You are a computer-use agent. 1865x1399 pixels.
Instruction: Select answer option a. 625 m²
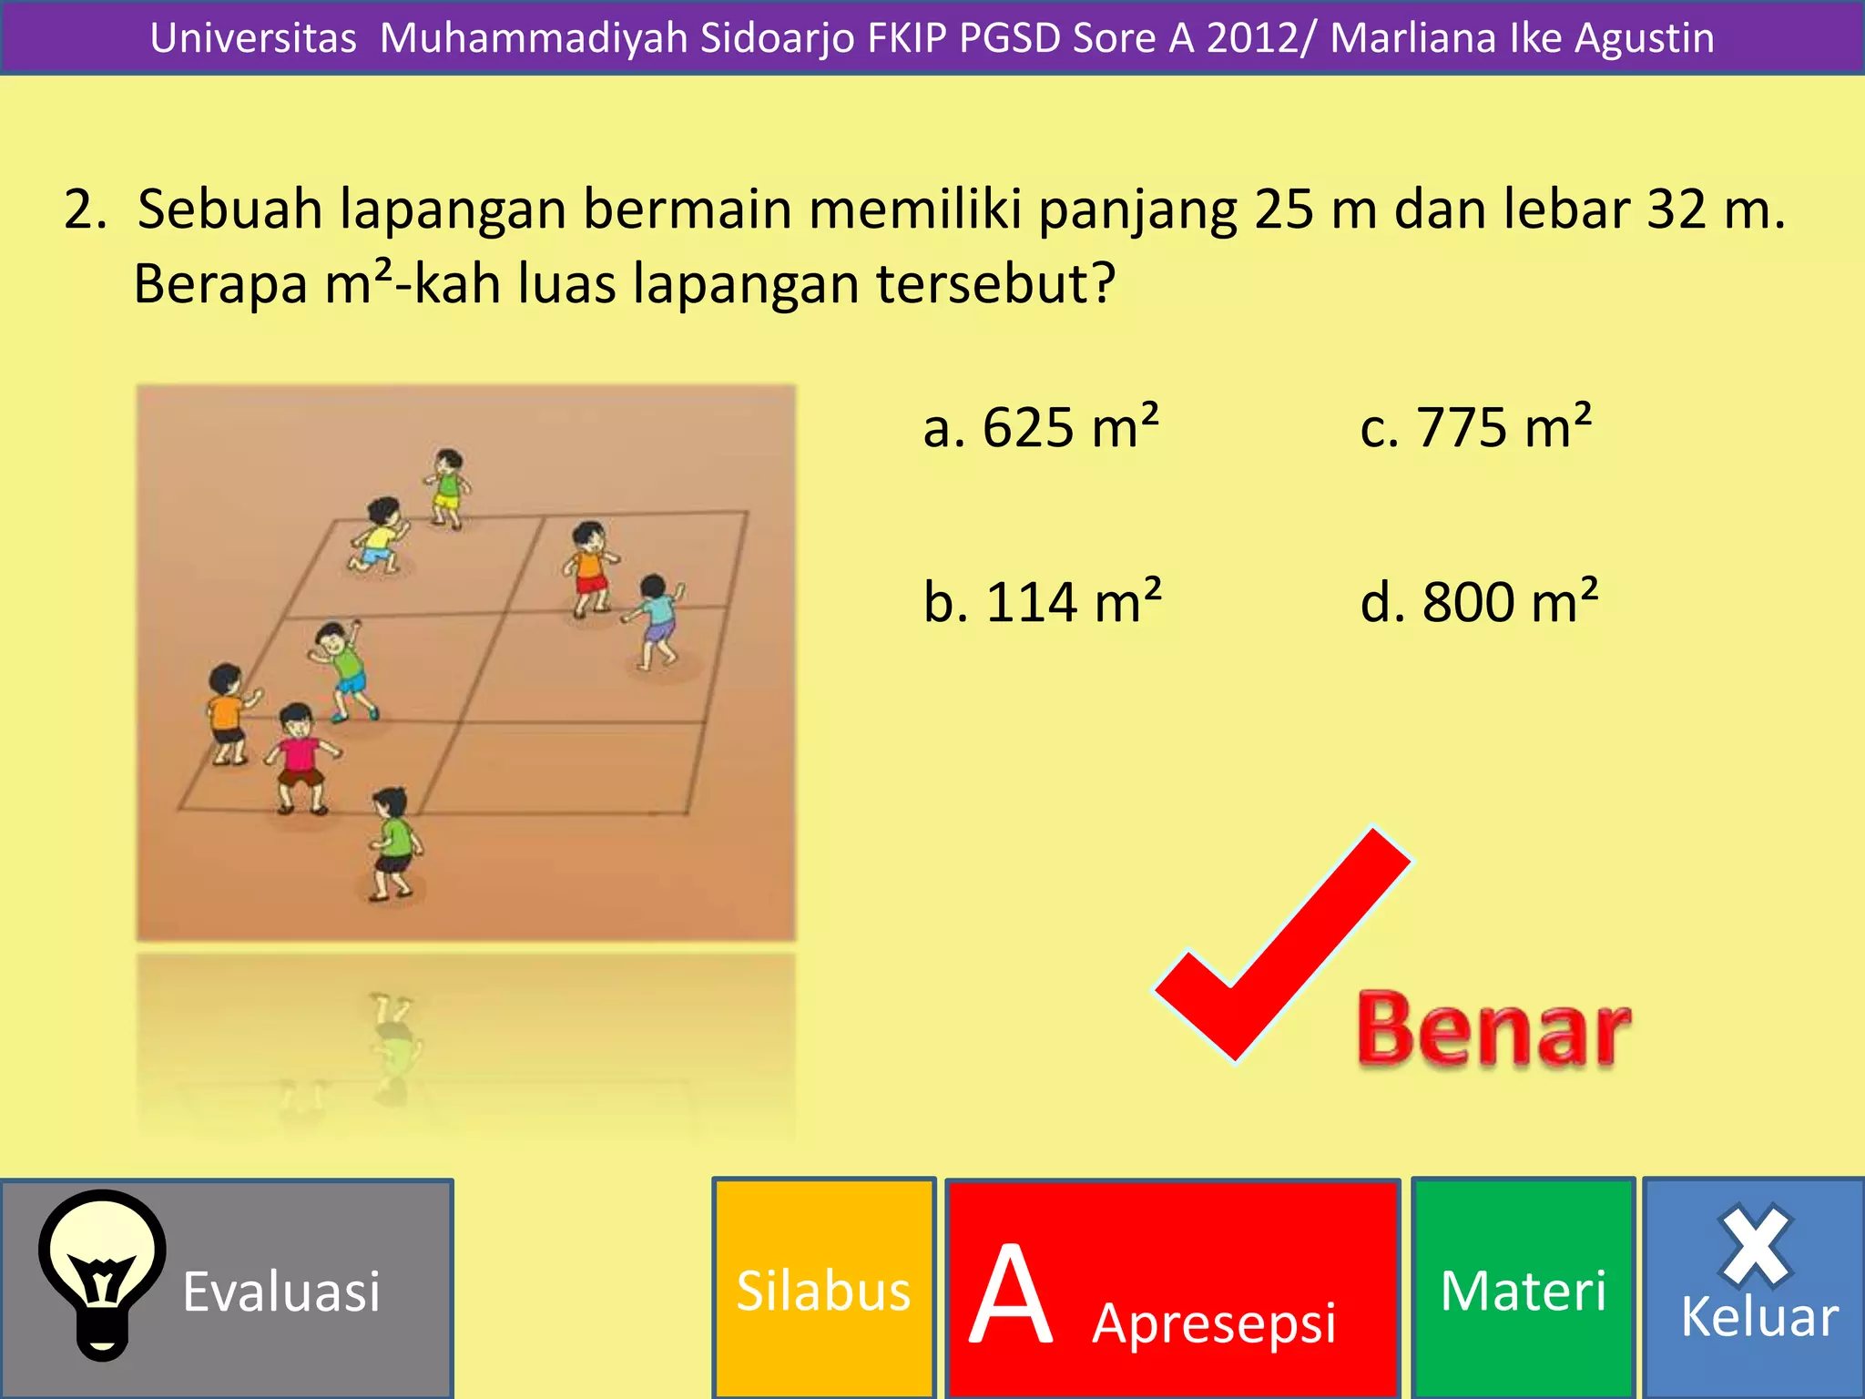pos(1040,426)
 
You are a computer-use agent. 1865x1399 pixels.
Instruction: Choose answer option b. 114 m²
pos(1042,601)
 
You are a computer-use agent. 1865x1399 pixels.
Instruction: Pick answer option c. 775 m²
pos(1475,426)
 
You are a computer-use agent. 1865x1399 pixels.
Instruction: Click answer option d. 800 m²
pos(1479,601)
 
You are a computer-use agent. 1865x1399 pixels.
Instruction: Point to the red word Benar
pos(1493,1029)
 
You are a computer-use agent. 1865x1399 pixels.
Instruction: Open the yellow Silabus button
pos(823,1290)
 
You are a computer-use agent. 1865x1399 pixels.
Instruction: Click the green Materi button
pos(1523,1290)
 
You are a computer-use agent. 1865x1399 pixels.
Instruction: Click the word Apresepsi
pos(1214,1322)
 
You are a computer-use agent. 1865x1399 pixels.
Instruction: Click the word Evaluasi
pos(281,1292)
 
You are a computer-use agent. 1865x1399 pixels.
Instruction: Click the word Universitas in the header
pos(253,38)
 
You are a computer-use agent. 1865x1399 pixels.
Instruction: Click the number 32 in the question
pos(1676,209)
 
